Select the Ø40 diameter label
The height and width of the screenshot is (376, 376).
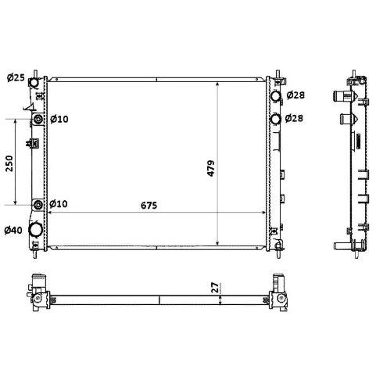tap(13, 230)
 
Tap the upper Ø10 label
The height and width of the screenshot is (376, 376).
tap(59, 119)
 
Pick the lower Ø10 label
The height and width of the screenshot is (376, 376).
tap(59, 203)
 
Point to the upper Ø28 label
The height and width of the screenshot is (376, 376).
tap(295, 95)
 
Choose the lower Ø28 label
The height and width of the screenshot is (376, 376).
tap(294, 118)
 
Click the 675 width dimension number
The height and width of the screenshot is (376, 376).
tap(149, 206)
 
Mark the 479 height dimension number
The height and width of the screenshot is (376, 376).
tap(211, 168)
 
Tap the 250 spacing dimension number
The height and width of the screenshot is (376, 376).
tap(9, 163)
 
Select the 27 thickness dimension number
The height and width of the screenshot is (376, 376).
tap(216, 288)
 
